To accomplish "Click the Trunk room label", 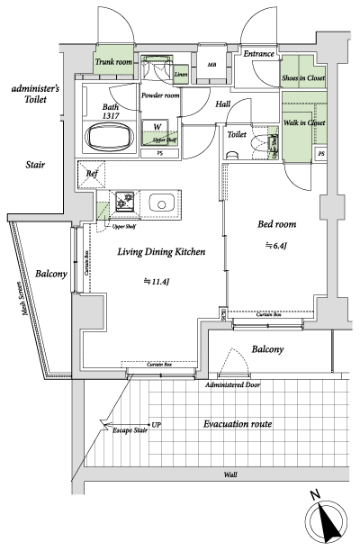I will tap(114, 62).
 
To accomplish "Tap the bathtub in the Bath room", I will tap(109, 140).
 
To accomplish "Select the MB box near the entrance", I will tap(212, 66).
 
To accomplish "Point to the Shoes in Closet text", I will tap(304, 78).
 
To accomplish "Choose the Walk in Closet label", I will tap(304, 122).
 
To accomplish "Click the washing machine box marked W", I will tap(157, 126).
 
